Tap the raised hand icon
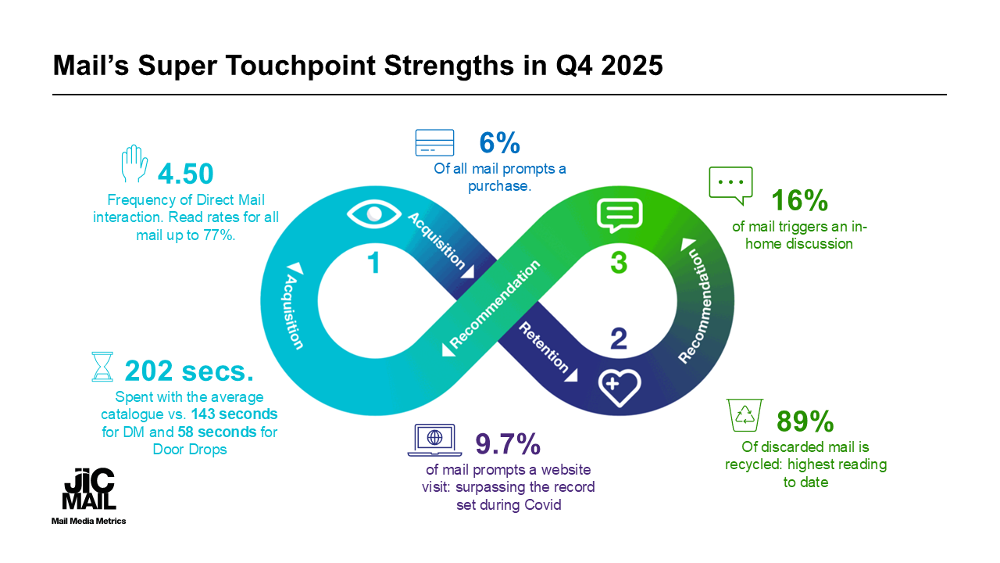(x=134, y=165)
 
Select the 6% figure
(x=499, y=144)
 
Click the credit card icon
(x=434, y=143)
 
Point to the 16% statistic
(x=799, y=201)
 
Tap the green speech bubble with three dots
(x=730, y=185)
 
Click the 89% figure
(x=805, y=421)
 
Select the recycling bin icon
(x=745, y=415)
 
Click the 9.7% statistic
(x=509, y=445)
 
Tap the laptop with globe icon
(x=434, y=439)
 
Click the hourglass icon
(x=102, y=366)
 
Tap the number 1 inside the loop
(x=374, y=263)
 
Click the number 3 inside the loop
(x=618, y=263)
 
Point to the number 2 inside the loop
(x=618, y=338)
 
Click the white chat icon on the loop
(x=620, y=214)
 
